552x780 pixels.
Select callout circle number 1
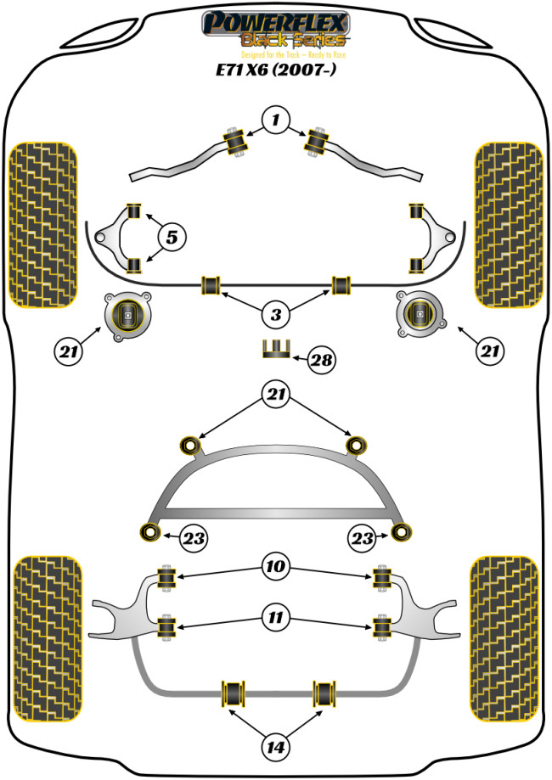click(275, 120)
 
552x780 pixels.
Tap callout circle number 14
click(275, 747)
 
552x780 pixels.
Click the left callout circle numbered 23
click(193, 537)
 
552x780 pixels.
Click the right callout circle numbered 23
click(363, 537)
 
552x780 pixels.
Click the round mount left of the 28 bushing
click(128, 317)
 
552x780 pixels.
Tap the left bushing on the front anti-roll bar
click(210, 284)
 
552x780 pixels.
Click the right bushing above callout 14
click(324, 693)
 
